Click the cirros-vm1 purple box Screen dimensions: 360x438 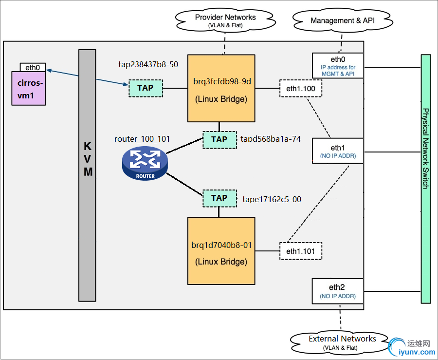click(29, 88)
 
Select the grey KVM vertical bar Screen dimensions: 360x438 click(87, 175)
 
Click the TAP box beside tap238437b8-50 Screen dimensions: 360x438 click(146, 88)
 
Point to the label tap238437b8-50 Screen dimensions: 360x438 click(148, 64)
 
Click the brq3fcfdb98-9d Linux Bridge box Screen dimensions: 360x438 click(221, 88)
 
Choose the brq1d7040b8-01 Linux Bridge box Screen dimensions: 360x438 click(221, 250)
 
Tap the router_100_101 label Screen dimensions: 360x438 click(142, 139)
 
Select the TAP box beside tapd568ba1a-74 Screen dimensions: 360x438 click(219, 139)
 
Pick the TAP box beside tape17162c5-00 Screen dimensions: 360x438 click(219, 198)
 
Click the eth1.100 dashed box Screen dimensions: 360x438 click(301, 88)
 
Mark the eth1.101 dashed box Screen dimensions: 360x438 click(301, 251)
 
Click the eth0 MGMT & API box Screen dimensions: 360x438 click(338, 65)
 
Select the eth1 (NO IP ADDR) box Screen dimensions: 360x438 click(338, 151)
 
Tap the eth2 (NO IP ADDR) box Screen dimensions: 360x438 click(338, 291)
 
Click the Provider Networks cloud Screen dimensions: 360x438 click(225, 20)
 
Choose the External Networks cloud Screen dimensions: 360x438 click(342, 342)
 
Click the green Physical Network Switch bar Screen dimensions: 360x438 click(426, 179)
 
